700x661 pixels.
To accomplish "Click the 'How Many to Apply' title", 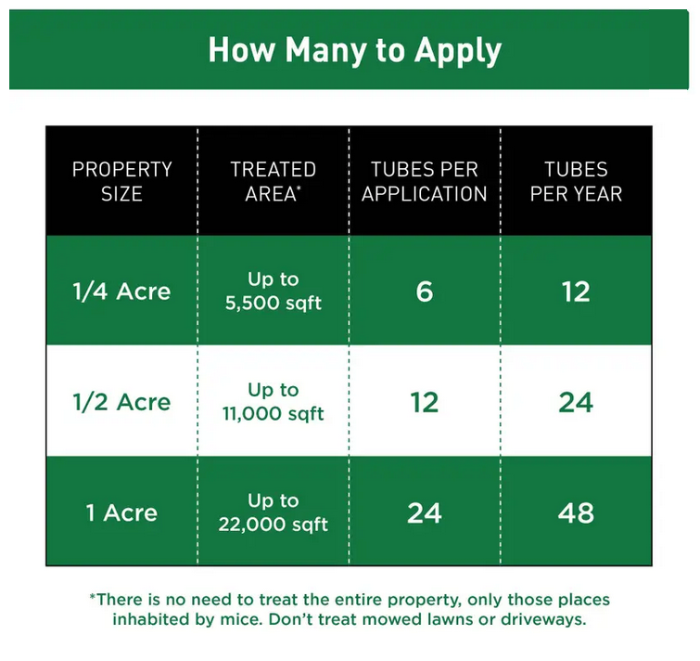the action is [x=355, y=50].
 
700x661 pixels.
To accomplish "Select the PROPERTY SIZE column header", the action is [x=121, y=181].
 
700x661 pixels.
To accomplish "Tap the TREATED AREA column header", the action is [x=274, y=181].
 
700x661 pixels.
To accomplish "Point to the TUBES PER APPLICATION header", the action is [x=424, y=181].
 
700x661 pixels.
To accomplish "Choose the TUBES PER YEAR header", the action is [x=576, y=181].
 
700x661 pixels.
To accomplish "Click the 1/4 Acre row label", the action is [x=121, y=292].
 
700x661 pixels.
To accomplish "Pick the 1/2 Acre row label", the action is [x=121, y=402].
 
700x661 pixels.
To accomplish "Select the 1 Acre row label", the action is [x=121, y=512].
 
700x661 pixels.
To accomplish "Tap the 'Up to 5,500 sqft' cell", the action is [x=274, y=291].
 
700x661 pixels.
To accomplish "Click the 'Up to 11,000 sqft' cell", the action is [x=274, y=401].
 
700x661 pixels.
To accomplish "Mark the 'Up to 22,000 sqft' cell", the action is [x=274, y=512].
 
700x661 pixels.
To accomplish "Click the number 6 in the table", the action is [x=425, y=292].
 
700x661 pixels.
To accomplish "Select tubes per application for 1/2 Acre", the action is [x=425, y=402].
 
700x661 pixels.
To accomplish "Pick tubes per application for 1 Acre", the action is [x=425, y=512].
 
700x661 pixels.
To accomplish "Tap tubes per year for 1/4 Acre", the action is [x=576, y=292].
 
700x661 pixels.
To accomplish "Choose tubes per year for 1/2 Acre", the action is [x=576, y=402].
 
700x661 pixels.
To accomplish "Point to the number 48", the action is [x=576, y=512].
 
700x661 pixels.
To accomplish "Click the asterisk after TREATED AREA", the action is [x=299, y=188].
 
